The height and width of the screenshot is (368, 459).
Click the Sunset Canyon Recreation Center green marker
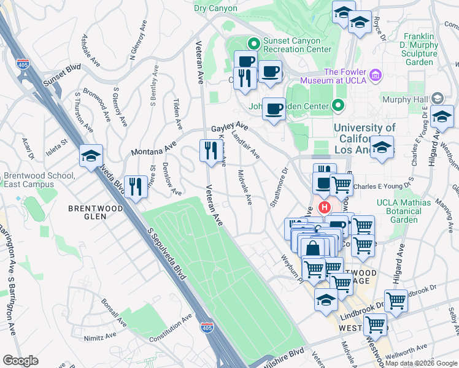(252, 44)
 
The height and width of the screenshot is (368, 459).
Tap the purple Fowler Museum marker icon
(376, 77)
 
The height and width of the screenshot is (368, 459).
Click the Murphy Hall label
(406, 99)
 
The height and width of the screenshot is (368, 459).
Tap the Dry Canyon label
(215, 8)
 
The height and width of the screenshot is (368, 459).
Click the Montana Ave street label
(153, 148)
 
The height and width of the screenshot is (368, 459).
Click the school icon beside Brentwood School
(91, 156)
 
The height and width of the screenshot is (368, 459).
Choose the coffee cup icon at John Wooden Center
(274, 109)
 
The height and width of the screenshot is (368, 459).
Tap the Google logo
(21, 361)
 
